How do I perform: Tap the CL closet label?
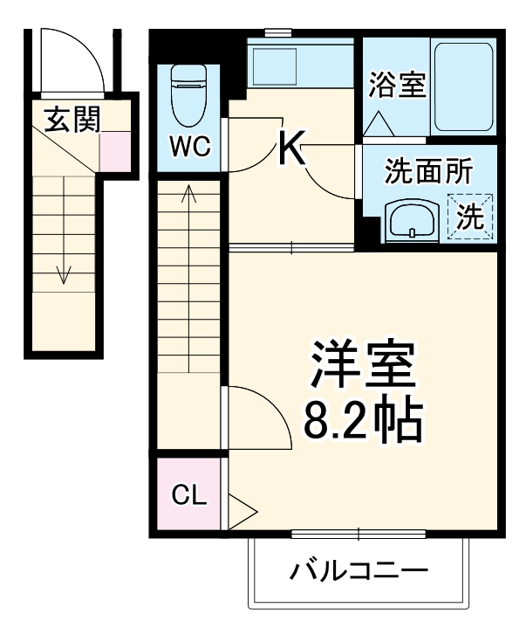pyautogui.click(x=188, y=496)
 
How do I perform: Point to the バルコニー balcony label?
pyautogui.click(x=359, y=573)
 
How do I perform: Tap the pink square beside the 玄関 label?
pyautogui.click(x=113, y=151)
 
